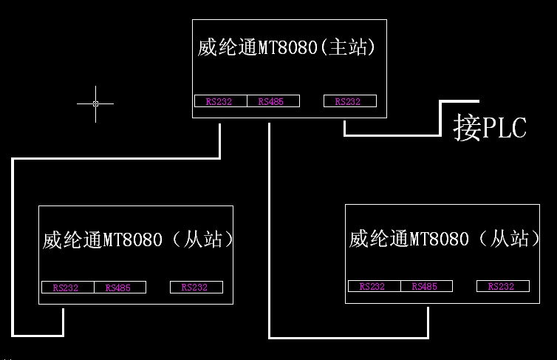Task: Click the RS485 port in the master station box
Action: click(x=272, y=101)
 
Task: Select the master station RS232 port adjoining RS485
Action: click(x=219, y=101)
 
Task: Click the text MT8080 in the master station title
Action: click(x=287, y=49)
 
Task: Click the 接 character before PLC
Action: click(x=468, y=128)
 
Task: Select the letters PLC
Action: click(x=506, y=128)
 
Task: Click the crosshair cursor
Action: click(x=95, y=103)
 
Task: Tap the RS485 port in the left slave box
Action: click(x=119, y=288)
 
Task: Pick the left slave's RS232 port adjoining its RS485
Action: click(x=66, y=288)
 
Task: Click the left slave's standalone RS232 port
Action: click(x=196, y=288)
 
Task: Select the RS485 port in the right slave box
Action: click(x=426, y=286)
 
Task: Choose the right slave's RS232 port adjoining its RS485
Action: click(x=373, y=286)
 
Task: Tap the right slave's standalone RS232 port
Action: click(x=502, y=286)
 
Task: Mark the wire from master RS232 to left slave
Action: click(x=12, y=244)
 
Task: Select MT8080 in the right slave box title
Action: click(x=439, y=239)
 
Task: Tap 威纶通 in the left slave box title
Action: click(x=72, y=240)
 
